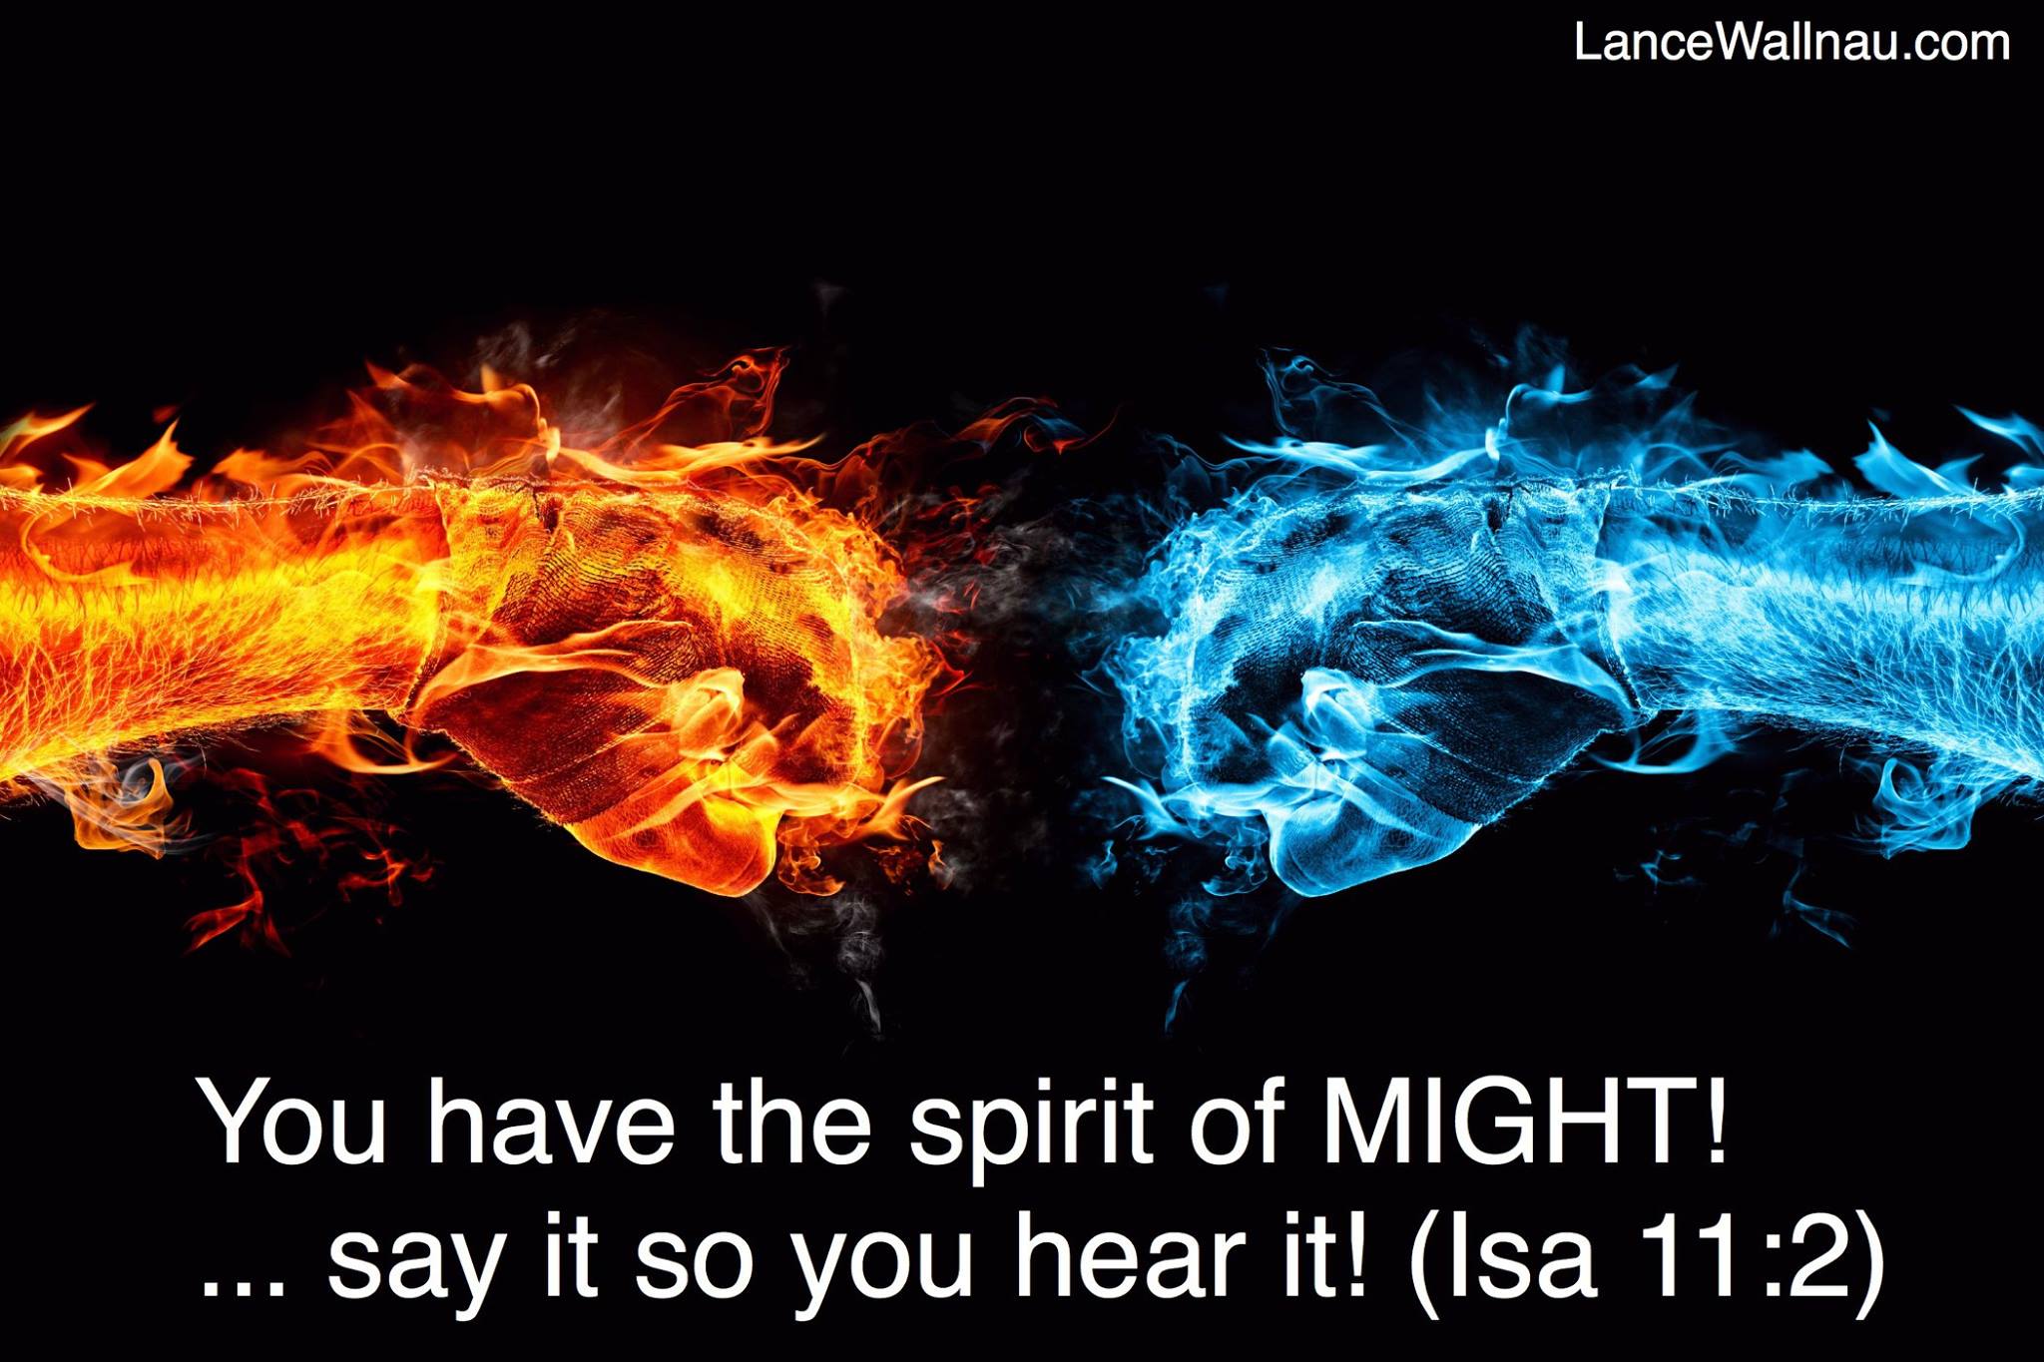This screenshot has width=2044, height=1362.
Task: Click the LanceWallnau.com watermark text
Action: (1791, 43)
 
